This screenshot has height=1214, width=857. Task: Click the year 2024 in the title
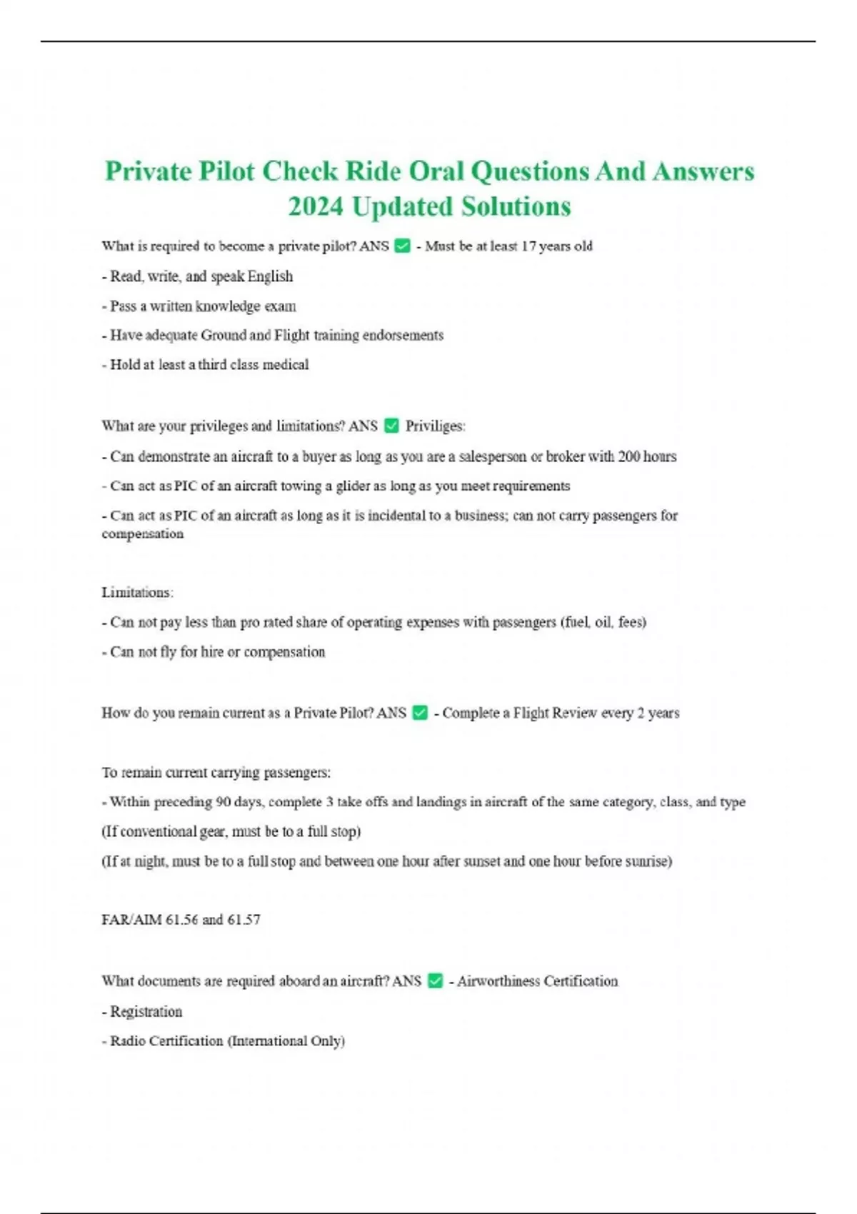(316, 206)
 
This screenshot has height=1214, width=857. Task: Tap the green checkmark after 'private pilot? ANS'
(402, 246)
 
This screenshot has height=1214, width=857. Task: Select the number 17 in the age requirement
(528, 246)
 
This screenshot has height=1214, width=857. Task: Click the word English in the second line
(270, 276)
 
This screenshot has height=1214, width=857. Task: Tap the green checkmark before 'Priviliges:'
(391, 426)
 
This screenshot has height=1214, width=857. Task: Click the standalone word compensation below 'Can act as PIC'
(142, 533)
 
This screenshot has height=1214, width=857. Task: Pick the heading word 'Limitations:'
(137, 592)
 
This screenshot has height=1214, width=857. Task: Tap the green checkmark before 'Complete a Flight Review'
(420, 713)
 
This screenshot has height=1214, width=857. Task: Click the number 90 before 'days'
(223, 802)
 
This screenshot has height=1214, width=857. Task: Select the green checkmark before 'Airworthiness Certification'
(435, 981)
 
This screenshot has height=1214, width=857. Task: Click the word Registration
(146, 1011)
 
